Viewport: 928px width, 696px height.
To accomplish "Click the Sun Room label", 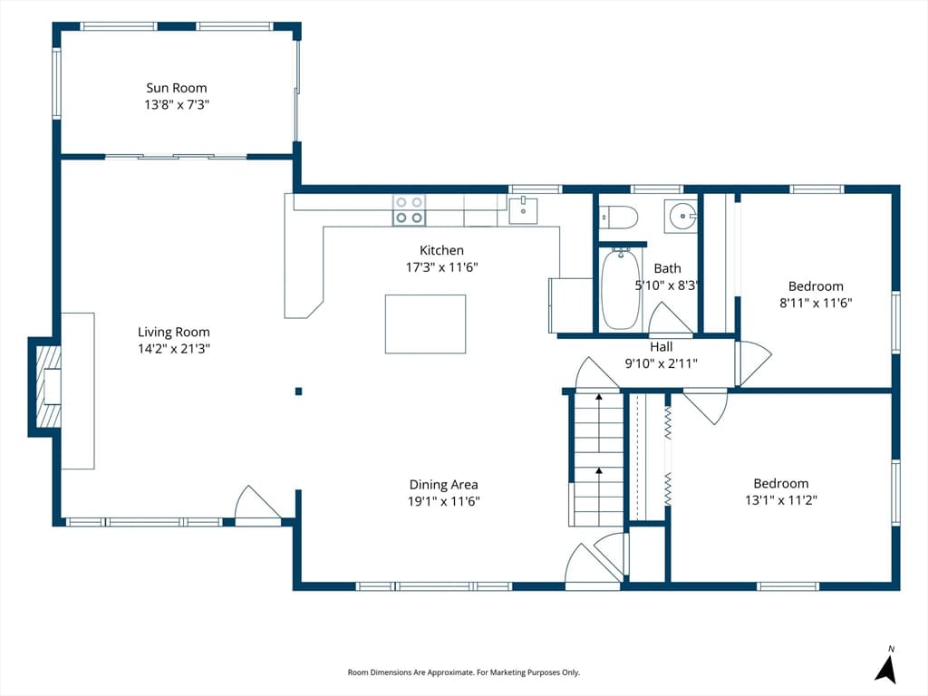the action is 177,88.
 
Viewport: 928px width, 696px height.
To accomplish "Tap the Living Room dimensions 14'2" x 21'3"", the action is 174,349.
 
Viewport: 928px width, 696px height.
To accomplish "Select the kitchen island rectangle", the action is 426,324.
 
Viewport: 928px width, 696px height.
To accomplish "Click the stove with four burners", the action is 409,210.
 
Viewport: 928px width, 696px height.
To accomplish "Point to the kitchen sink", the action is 523,210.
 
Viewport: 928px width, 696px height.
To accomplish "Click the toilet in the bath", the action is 618,217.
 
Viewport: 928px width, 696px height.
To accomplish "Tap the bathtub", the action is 620,289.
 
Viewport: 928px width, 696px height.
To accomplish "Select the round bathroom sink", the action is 681,217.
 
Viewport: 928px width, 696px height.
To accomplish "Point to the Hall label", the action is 661,347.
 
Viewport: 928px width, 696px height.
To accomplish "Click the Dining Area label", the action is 444,485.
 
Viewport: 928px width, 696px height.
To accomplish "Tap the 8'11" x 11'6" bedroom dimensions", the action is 816,303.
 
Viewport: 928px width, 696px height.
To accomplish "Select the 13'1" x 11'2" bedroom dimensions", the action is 781,500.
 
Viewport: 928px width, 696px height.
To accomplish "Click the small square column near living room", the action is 299,391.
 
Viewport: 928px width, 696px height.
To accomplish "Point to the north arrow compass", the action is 886,668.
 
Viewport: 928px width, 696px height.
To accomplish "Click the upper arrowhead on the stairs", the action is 599,397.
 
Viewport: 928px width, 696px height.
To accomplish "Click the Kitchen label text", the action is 441,250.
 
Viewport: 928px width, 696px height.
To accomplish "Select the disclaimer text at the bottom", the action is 463,672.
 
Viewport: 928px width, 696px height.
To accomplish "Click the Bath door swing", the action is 671,318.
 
